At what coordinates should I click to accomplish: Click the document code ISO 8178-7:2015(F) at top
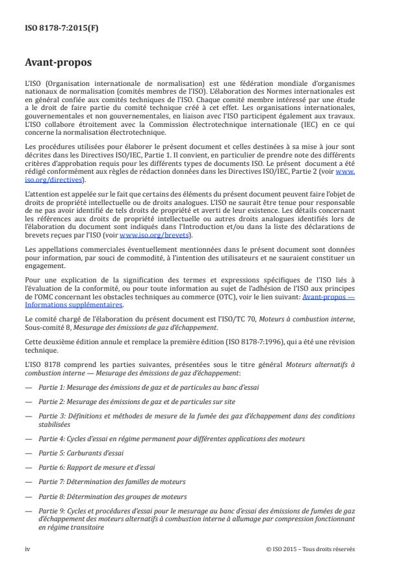coord(57,29)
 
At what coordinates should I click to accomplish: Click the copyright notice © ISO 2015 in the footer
coord(311,549)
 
